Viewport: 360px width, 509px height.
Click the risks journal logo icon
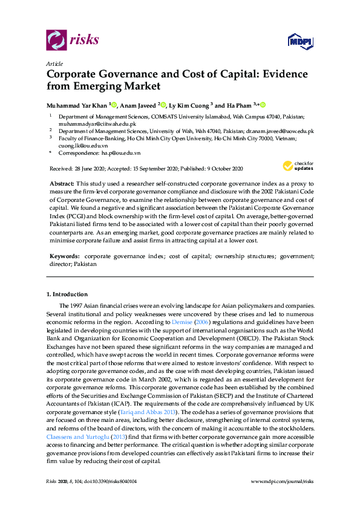(x=56, y=40)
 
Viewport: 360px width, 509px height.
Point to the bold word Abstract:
(x=62, y=183)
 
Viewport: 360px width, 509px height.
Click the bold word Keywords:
(x=64, y=256)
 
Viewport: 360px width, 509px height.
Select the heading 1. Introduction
(x=67, y=294)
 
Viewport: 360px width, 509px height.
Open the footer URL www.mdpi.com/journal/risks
(x=282, y=497)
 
